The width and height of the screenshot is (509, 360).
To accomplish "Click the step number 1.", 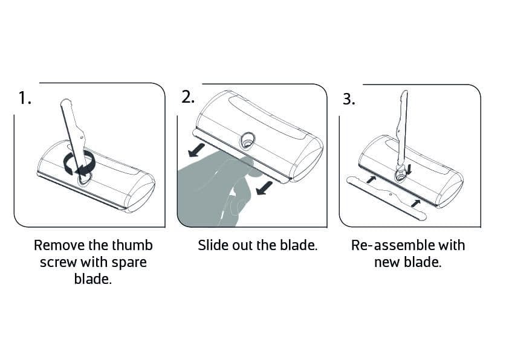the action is [25, 98].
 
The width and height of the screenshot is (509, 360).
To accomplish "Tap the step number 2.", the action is [188, 97].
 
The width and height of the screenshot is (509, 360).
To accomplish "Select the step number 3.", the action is [349, 99].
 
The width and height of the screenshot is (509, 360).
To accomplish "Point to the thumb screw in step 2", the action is [247, 141].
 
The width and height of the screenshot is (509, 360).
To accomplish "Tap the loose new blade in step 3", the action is [386, 197].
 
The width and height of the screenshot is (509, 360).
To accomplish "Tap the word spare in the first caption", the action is [129, 263].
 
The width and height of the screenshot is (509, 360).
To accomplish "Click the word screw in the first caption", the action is [58, 263].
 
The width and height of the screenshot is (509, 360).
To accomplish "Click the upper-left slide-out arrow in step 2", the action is [196, 150].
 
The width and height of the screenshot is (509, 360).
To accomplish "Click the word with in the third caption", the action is [452, 245].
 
